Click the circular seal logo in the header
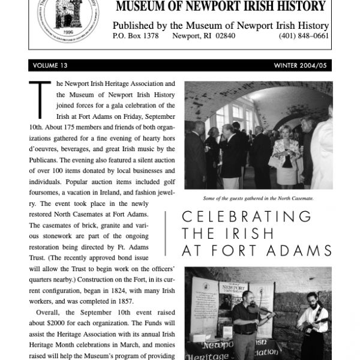(x=65, y=18)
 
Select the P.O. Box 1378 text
(x=136, y=36)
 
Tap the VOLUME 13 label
(x=51, y=65)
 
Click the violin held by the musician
(x=259, y=316)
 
